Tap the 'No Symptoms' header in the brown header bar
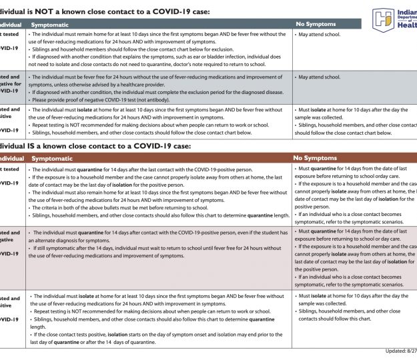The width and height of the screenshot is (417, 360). pyautogui.click(x=314, y=158)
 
